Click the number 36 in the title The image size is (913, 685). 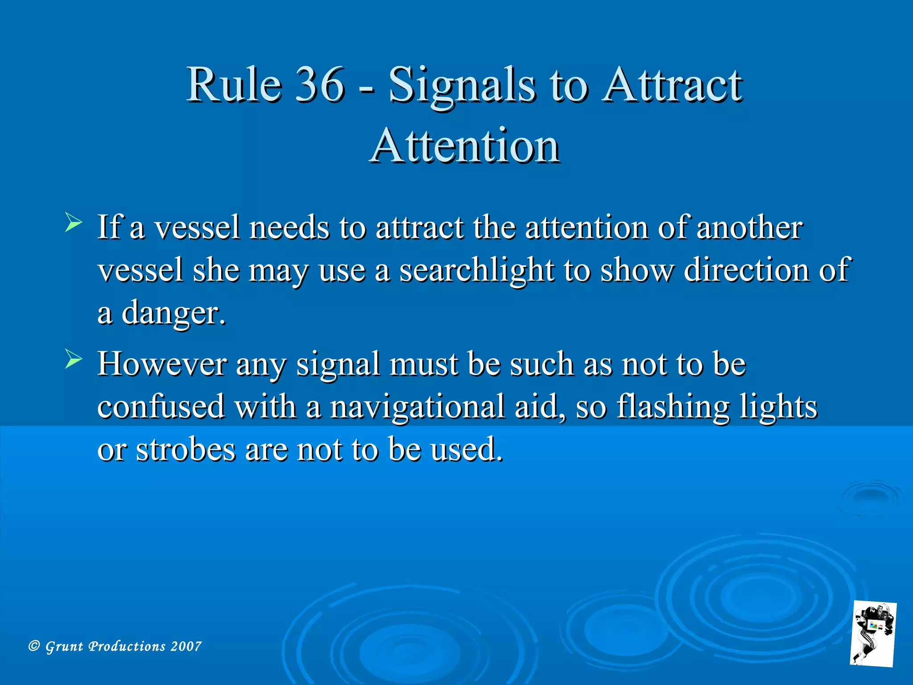[320, 84]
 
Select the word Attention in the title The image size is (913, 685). [465, 146]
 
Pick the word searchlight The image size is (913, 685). [477, 271]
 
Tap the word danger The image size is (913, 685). [173, 314]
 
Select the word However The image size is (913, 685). [162, 364]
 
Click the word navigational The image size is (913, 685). [417, 407]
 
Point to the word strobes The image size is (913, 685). [185, 449]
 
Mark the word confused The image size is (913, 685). [161, 407]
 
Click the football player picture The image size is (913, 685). [873, 634]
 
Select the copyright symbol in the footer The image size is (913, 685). [34, 646]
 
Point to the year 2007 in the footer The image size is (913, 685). [186, 646]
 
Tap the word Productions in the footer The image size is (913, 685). [127, 646]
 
